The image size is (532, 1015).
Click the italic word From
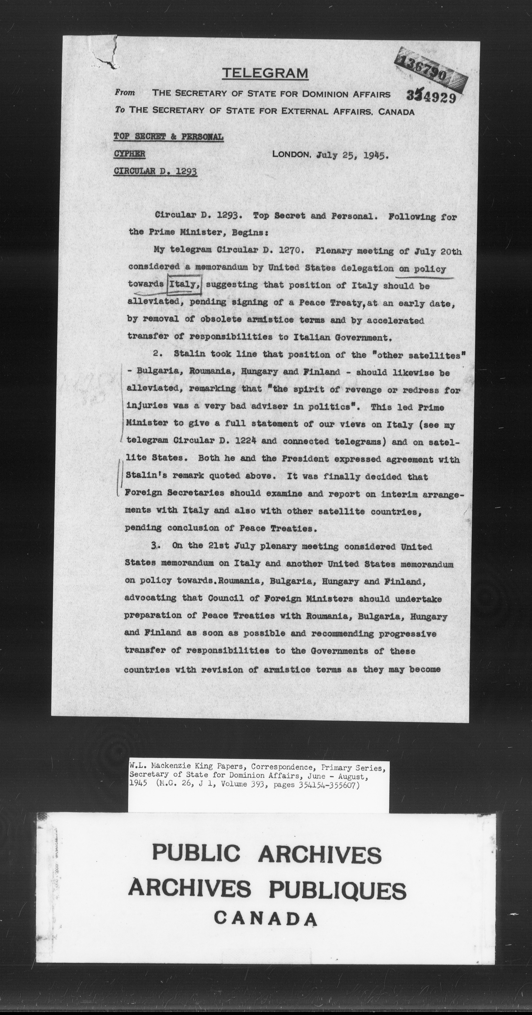[x=125, y=93]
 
